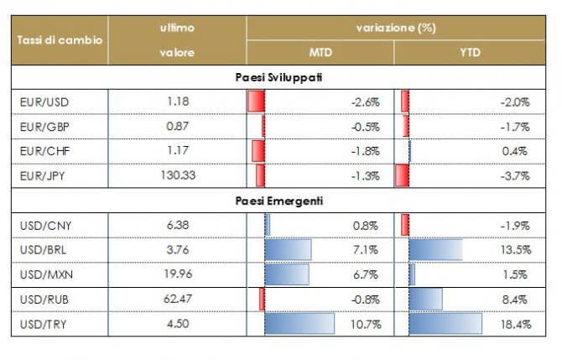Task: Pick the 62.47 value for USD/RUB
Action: coord(177,299)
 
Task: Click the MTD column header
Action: coord(320,53)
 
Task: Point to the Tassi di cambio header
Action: coord(60,40)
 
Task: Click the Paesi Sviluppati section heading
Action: coord(280,77)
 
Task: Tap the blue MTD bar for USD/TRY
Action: coord(299,323)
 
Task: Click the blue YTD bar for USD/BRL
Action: coord(435,249)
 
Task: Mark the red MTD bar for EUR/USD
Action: coord(256,102)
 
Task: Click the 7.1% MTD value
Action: coord(367,249)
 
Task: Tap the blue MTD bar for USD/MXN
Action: coord(286,274)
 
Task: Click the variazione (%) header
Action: coord(394,28)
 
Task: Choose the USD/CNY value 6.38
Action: coord(177,225)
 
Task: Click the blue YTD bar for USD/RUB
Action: coord(425,299)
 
